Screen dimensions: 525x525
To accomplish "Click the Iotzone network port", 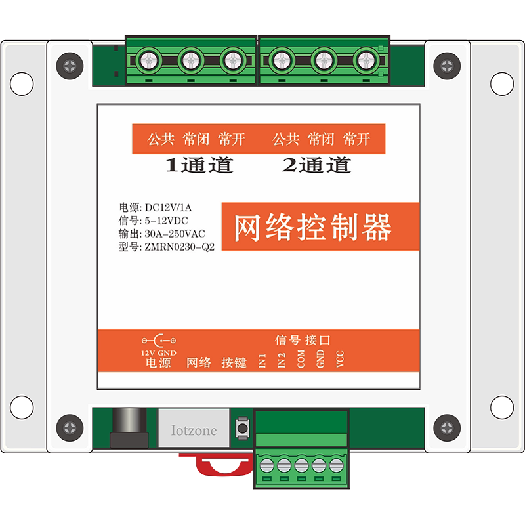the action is pos(194,428).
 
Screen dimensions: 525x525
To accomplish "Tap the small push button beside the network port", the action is pos(242,428).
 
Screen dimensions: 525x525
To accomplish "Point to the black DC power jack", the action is pos(129,428).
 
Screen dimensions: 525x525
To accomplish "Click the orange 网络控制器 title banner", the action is pos(320,226).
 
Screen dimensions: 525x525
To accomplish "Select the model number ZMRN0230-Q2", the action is pos(179,247).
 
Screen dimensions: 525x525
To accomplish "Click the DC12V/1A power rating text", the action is pos(168,208).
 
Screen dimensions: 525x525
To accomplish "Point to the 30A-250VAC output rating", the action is pos(175,234).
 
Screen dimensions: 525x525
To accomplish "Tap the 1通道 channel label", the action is pos(199,165).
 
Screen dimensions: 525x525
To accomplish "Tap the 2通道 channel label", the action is pos(317,165).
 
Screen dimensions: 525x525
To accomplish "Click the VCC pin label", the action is pos(340,359).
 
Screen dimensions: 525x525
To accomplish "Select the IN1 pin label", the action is pos(262,360).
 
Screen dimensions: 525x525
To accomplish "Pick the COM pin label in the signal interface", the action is pos(301,359).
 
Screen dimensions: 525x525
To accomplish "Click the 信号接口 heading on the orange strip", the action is pos(303,340).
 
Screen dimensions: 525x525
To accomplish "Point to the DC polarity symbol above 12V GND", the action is pos(159,341).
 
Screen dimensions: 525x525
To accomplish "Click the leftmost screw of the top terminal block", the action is pos(149,60).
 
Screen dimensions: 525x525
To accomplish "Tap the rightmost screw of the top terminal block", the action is pos(366,60).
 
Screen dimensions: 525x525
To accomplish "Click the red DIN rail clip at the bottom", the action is pos(218,464).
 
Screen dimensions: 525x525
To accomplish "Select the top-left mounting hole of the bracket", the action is pos(22,84).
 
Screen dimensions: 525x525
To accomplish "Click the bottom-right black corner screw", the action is pos(447,428).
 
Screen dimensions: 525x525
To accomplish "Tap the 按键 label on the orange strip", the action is pos(234,362).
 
